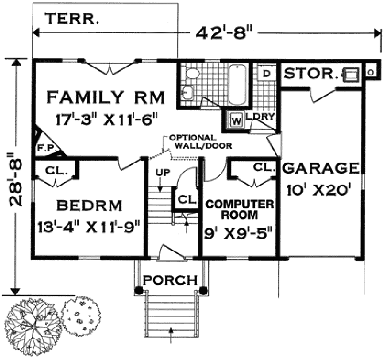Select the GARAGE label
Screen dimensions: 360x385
pos(321,168)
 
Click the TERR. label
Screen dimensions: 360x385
pos(72,19)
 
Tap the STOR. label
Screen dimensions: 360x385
pos(309,74)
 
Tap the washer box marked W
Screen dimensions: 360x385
pos(236,120)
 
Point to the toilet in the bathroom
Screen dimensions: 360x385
pos(192,74)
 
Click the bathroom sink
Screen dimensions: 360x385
pos(188,92)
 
